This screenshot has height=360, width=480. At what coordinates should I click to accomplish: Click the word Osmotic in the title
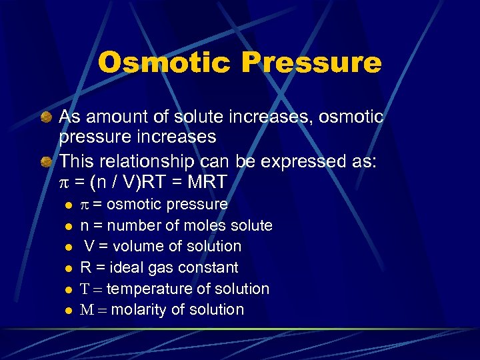(x=164, y=63)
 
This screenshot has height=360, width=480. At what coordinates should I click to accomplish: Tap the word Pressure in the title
(x=312, y=63)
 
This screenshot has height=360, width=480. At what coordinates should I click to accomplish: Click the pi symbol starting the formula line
(x=64, y=182)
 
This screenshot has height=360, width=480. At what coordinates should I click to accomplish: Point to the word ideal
(x=124, y=267)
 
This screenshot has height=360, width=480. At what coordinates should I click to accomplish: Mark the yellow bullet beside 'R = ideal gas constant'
(x=67, y=268)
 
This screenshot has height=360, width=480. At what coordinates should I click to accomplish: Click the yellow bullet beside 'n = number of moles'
(x=67, y=226)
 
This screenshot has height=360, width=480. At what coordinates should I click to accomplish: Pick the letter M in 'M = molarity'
(x=86, y=309)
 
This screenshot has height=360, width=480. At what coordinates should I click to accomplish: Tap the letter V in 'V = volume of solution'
(x=88, y=246)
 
